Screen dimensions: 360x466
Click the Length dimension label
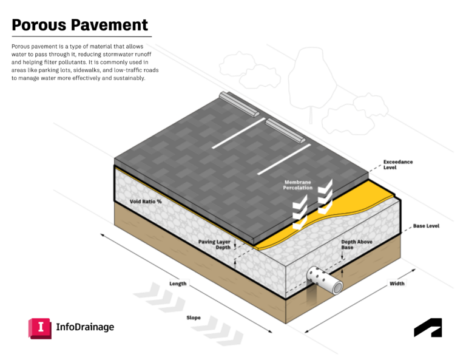coord(178,283)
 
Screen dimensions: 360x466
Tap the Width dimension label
coord(397,283)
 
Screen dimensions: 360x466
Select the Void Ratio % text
coord(146,201)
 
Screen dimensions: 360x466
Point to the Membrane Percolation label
coord(298,185)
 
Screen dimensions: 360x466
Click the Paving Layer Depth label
coord(214,245)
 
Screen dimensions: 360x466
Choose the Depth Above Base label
coord(357,244)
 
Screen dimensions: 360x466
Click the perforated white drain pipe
coord(322,278)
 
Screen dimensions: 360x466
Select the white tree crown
coord(312,79)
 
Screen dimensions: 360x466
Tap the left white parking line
coord(238,133)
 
